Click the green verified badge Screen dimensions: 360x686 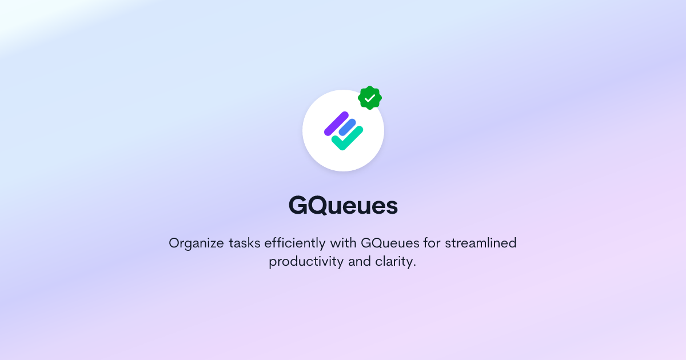click(370, 98)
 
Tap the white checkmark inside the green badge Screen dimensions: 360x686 click(370, 98)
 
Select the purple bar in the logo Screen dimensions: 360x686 click(336, 123)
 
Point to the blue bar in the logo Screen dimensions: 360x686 click(348, 128)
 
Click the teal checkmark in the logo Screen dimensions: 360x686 click(348, 139)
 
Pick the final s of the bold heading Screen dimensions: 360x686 click(391, 207)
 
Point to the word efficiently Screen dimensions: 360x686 click(295, 243)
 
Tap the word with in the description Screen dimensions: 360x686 click(344, 243)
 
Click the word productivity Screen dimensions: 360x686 click(306, 263)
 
